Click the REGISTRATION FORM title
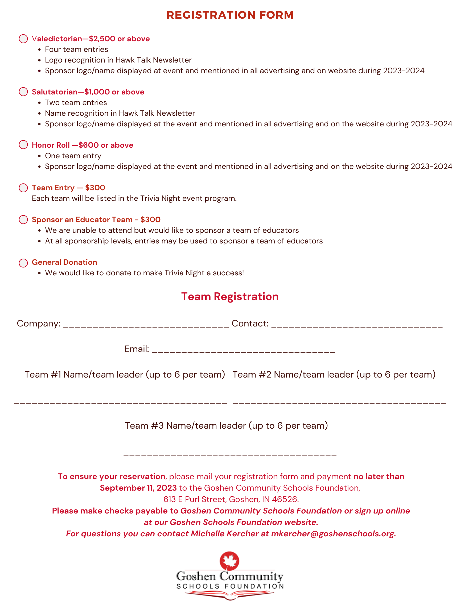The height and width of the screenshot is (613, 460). [x=230, y=15]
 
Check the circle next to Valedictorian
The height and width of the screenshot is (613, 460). [x=23, y=39]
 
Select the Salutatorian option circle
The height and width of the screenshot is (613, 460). [x=23, y=92]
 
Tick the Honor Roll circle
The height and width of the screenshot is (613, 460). [x=23, y=145]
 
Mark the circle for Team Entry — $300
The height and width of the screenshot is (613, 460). [x=23, y=188]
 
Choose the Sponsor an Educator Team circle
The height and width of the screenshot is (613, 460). [x=23, y=219]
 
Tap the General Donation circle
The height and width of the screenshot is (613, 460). [x=23, y=263]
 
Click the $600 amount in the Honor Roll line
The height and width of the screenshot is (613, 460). [x=88, y=145]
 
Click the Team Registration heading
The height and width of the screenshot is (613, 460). [x=230, y=297]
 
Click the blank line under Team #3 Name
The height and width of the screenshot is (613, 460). [x=230, y=453]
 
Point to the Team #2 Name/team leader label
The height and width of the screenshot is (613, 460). [x=334, y=375]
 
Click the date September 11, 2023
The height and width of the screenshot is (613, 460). [x=138, y=488]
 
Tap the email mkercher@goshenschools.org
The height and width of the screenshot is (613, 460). [x=332, y=533]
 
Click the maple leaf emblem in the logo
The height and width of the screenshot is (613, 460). [x=229, y=560]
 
